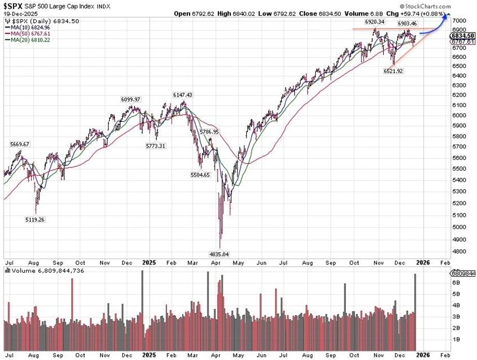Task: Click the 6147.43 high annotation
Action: [182, 95]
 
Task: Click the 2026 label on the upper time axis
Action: [423, 263]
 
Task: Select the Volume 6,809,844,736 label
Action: [44, 270]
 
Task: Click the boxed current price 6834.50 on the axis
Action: [462, 35]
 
